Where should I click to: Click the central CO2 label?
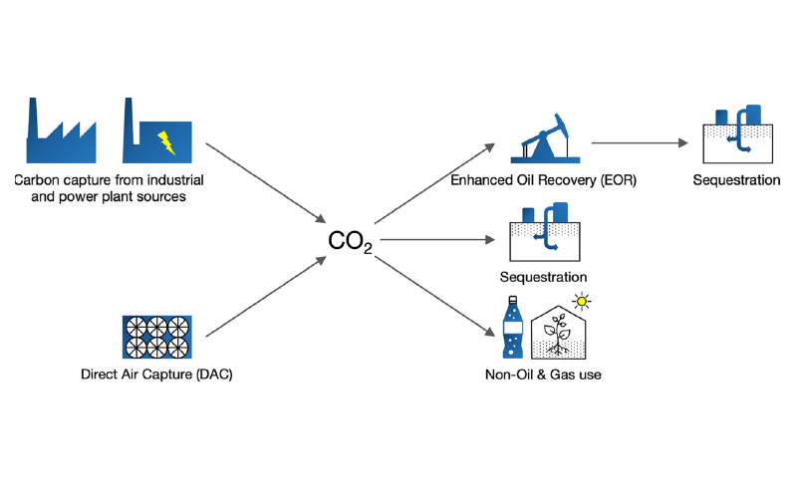coord(350,241)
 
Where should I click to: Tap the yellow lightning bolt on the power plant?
coord(166,142)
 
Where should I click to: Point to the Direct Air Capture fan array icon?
coord(156,338)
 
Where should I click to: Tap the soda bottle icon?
coord(513,330)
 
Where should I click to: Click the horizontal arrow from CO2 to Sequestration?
coord(437,240)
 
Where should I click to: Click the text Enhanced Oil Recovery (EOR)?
coord(543,180)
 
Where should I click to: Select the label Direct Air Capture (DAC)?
coord(156,375)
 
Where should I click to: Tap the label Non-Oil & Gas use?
coord(543,374)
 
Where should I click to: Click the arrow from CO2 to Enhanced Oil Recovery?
coord(434,183)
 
